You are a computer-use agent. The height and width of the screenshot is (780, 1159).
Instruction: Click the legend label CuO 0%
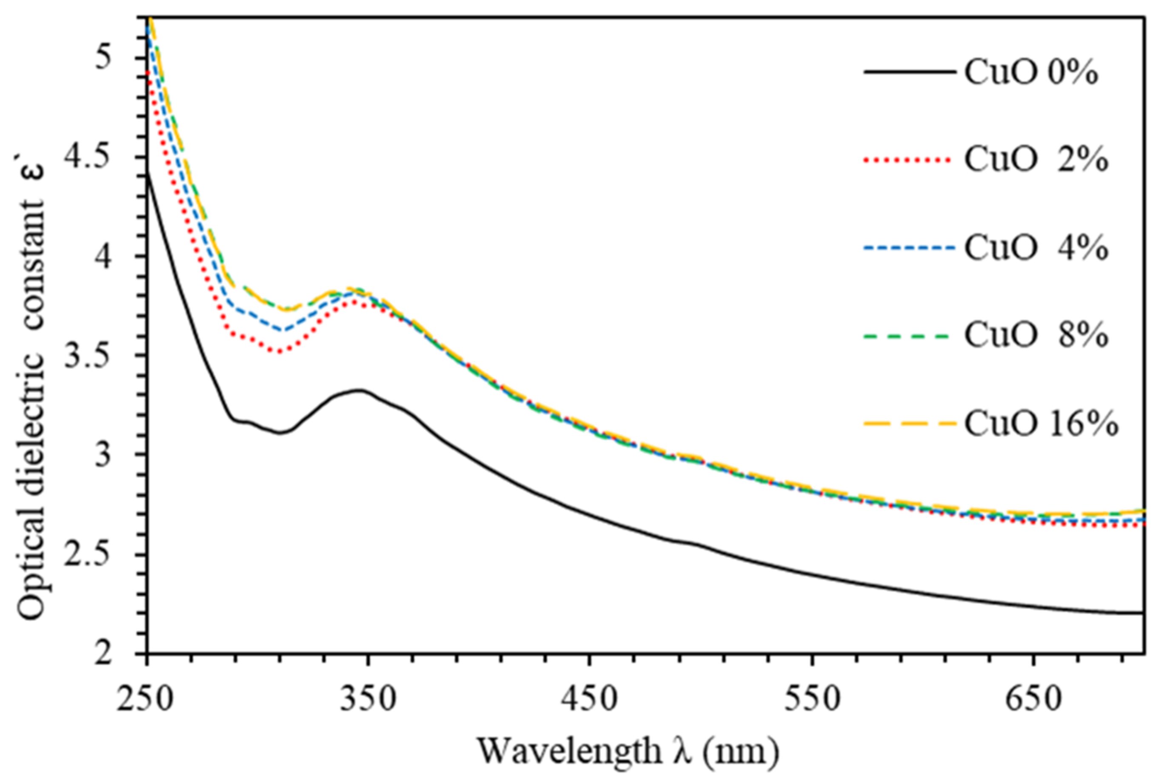(1031, 73)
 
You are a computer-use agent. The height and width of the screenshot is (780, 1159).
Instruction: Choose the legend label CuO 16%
(1041, 424)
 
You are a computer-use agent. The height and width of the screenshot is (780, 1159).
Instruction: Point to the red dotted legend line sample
(908, 160)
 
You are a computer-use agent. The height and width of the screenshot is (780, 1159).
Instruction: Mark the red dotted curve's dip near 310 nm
(280, 352)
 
